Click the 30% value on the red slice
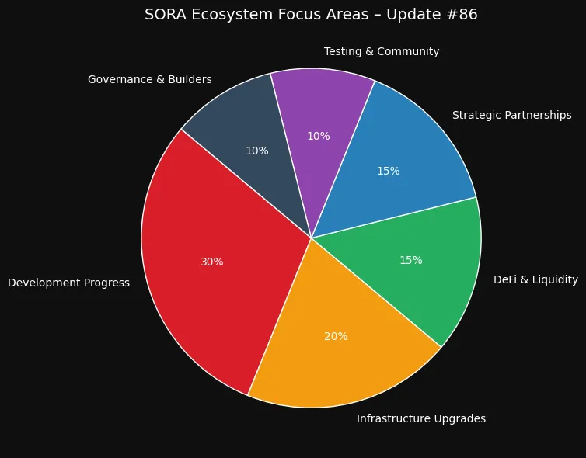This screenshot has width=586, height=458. [x=211, y=262]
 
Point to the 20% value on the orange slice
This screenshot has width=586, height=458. [x=336, y=337]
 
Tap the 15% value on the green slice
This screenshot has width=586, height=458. [x=410, y=261]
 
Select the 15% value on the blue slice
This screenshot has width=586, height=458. [x=388, y=171]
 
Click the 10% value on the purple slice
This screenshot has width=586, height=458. [x=318, y=137]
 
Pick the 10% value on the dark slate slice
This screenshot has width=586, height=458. [x=256, y=151]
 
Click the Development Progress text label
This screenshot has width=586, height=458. [x=68, y=283]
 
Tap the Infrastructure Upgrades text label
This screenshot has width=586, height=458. [x=420, y=419]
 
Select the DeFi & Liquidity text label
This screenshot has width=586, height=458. [x=535, y=279]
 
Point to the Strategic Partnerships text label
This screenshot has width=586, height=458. [x=511, y=116]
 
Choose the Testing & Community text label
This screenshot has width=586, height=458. [x=381, y=52]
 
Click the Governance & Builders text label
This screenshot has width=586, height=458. [x=149, y=80]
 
